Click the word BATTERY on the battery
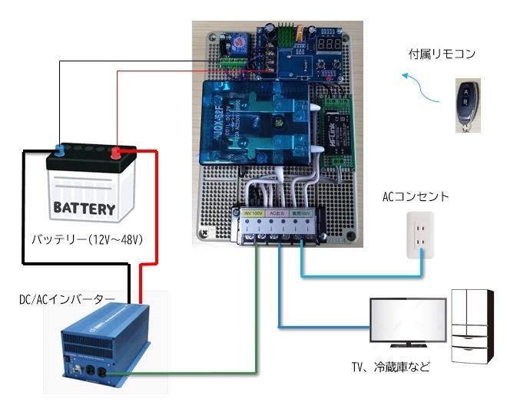pyautogui.click(x=84, y=208)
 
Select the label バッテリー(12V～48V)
pyautogui.click(x=88, y=240)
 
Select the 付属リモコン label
pyautogui.click(x=442, y=54)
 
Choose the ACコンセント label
pyautogui.click(x=416, y=197)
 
